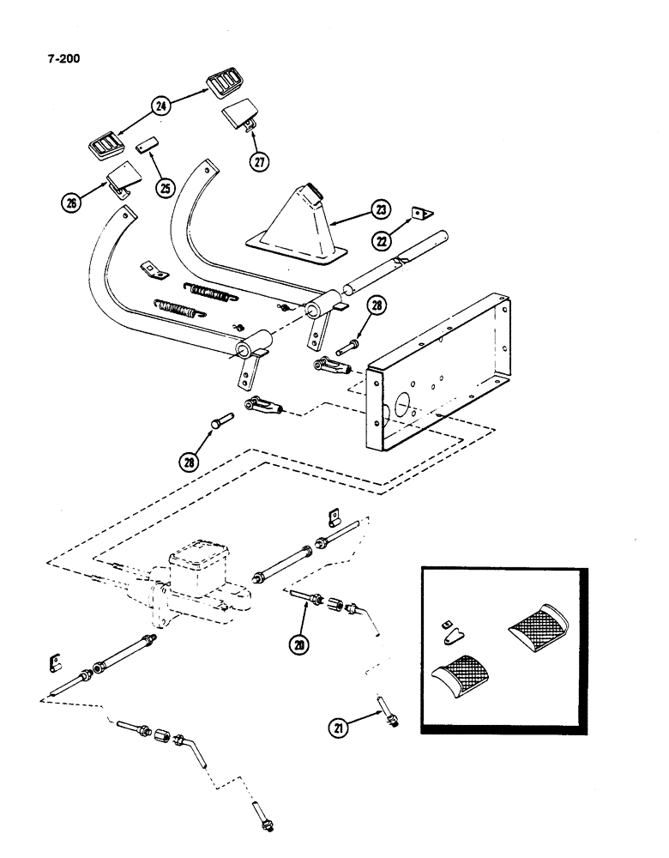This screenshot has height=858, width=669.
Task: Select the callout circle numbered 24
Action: click(x=160, y=106)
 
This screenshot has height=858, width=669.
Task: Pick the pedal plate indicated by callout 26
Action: click(x=119, y=178)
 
